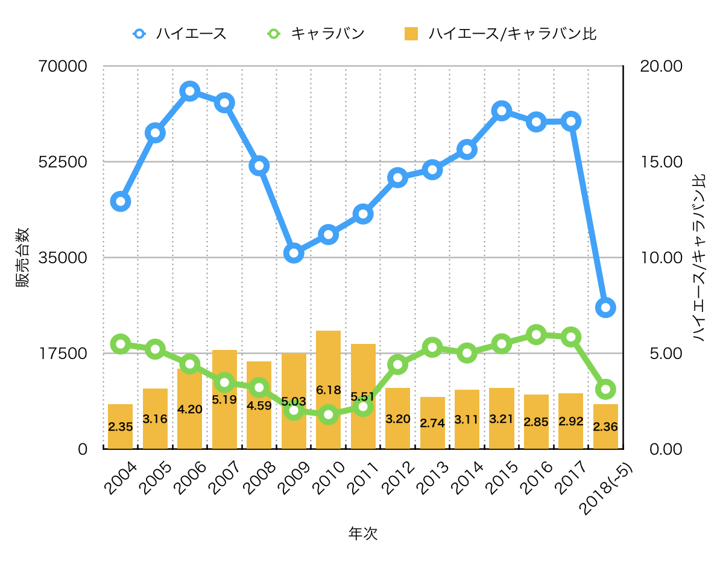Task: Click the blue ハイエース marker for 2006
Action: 190,91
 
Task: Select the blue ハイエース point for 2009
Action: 294,254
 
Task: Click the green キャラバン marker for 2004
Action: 121,344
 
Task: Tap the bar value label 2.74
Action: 432,423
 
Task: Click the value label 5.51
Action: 363,396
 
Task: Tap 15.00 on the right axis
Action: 661,162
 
